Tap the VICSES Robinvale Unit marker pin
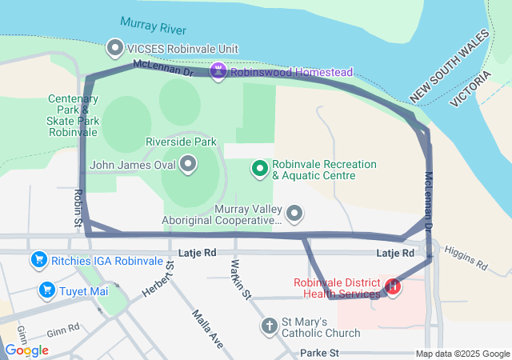click(115, 49)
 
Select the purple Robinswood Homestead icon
click(218, 72)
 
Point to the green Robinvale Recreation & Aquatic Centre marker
click(259, 168)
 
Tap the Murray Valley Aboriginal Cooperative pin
click(295, 214)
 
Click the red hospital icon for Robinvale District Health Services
click(393, 286)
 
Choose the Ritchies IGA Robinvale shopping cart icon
click(38, 259)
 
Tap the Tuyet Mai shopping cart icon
click(47, 290)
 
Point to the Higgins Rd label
click(465, 256)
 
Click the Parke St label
click(320, 353)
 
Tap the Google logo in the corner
click(26, 350)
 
